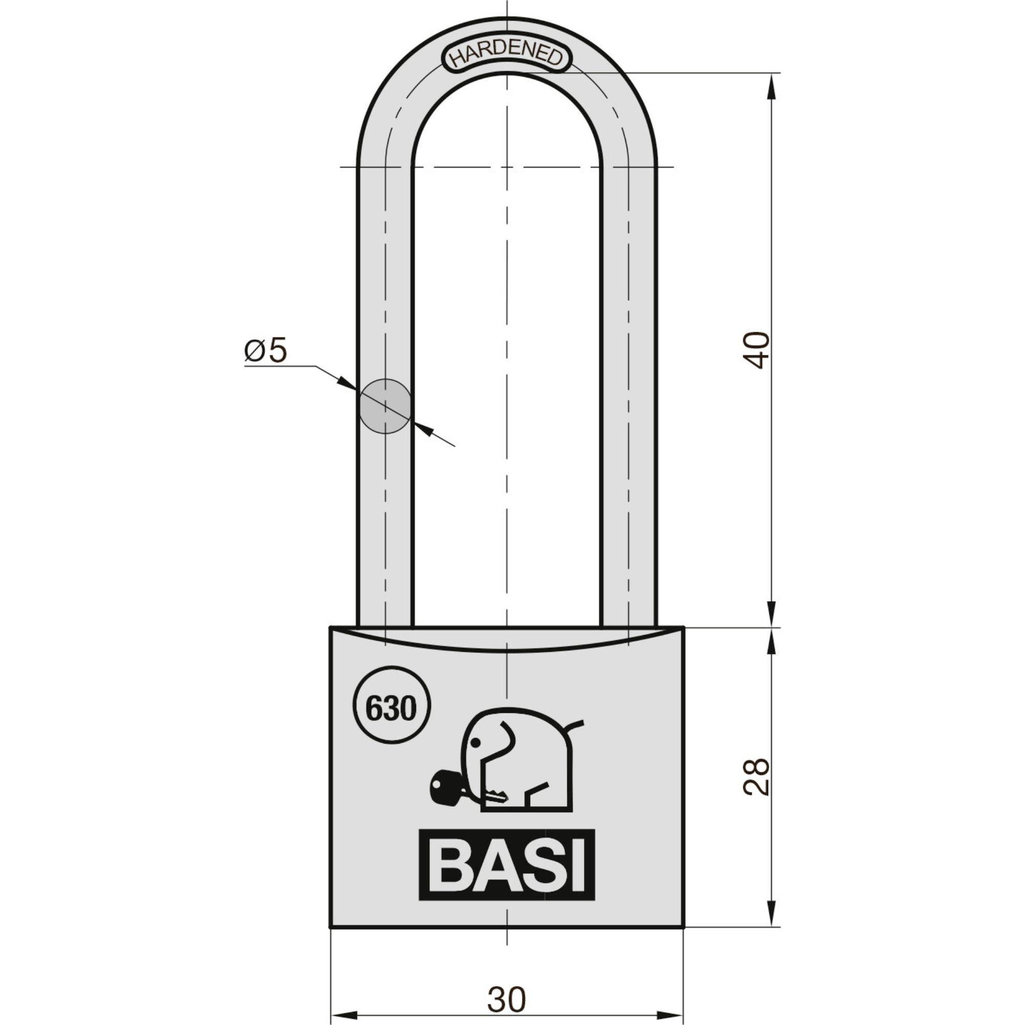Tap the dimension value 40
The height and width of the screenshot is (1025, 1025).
click(x=756, y=350)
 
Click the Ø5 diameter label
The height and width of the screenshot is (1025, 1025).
click(x=265, y=351)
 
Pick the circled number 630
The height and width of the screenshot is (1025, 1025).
click(x=391, y=708)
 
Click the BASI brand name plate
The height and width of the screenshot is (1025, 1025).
click(x=507, y=865)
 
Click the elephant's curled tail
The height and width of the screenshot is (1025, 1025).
click(x=575, y=724)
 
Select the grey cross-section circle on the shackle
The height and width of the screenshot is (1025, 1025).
click(x=385, y=406)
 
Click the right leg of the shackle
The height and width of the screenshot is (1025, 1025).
click(x=629, y=398)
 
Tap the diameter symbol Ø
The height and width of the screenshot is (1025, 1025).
click(x=254, y=351)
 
